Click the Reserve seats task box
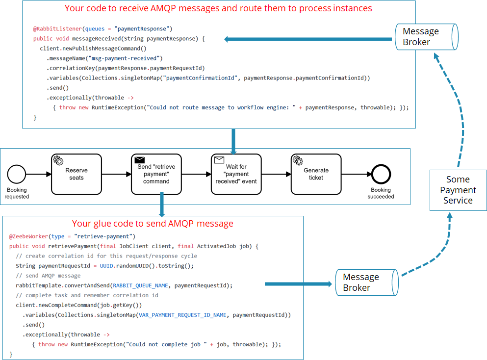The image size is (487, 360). click(x=76, y=174)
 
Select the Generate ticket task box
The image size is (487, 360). click(x=316, y=174)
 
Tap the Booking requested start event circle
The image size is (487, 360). click(x=17, y=174)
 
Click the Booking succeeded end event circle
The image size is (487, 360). click(x=381, y=174)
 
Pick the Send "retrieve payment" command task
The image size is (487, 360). click(x=156, y=174)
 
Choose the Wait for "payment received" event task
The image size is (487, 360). click(x=236, y=174)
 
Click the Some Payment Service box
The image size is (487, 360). click(x=458, y=190)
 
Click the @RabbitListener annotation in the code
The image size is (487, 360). click(x=54, y=29)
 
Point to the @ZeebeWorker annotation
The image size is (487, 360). click(x=28, y=236)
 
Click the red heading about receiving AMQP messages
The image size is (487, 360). click(x=218, y=8)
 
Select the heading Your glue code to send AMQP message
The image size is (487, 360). click(x=153, y=224)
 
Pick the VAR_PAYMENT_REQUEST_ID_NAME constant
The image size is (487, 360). click(x=182, y=315)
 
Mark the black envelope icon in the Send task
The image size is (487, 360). click(x=139, y=160)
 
